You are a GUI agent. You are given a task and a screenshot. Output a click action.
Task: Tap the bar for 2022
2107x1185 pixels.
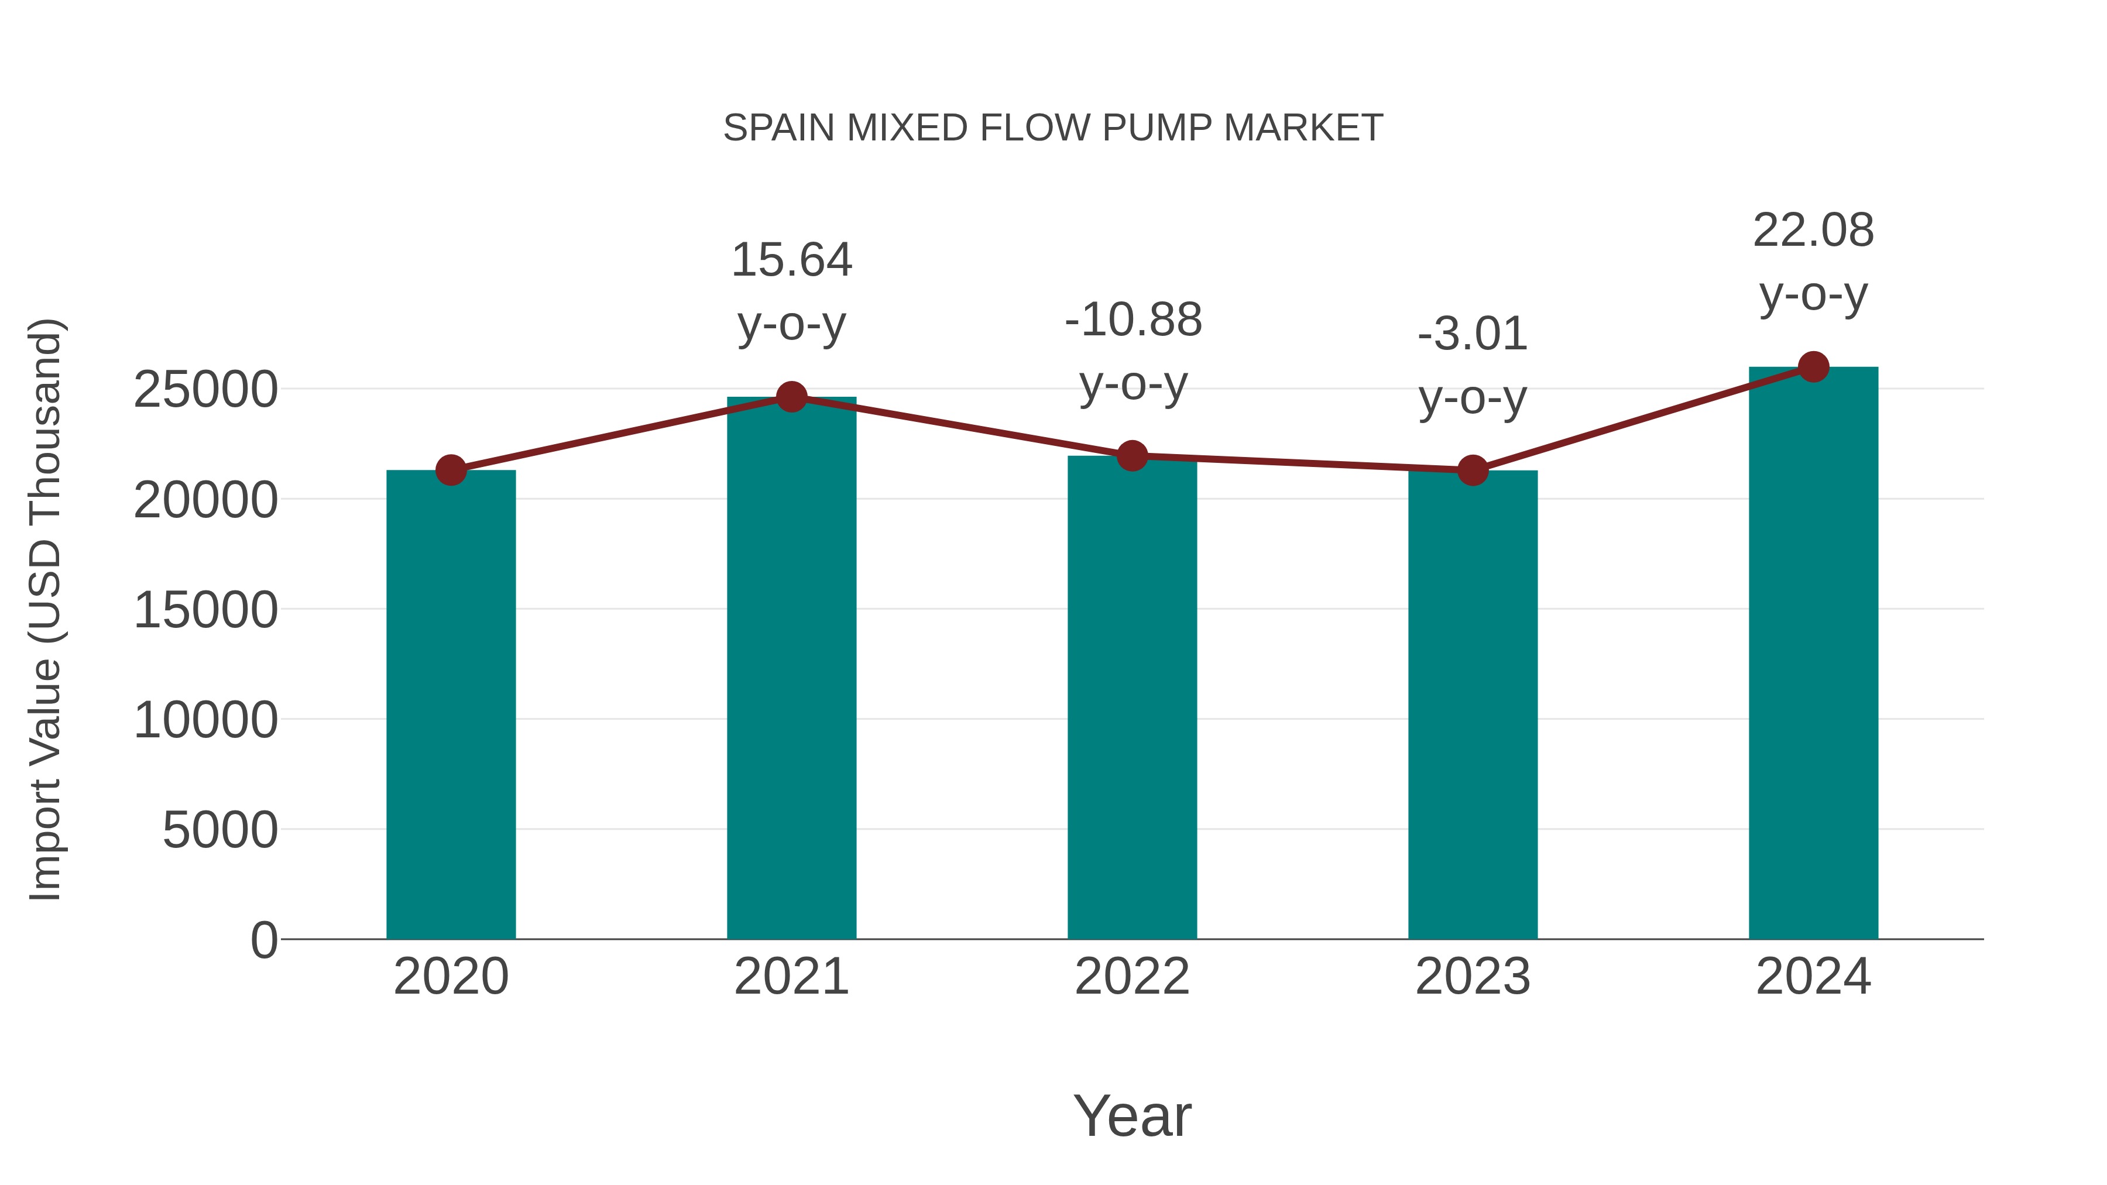point(1132,697)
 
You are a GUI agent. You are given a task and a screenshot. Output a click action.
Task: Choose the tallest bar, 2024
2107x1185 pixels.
point(1813,652)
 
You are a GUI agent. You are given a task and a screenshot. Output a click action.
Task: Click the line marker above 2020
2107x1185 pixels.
point(451,470)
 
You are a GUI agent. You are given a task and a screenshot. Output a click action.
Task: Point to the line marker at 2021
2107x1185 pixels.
point(791,397)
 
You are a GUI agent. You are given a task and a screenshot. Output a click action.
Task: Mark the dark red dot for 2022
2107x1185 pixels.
point(1132,455)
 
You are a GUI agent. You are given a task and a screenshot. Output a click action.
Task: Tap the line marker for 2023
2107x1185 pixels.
point(1473,470)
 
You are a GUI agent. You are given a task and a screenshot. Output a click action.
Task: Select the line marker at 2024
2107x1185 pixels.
point(1813,367)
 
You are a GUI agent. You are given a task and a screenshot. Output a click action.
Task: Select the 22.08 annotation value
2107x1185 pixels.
point(1813,231)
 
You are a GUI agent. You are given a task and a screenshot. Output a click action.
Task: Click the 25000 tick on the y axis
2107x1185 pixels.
point(205,389)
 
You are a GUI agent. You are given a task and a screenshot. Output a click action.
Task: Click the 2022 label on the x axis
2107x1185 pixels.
point(1132,977)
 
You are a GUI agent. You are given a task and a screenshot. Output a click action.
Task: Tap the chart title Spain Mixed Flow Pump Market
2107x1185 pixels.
point(1053,128)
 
